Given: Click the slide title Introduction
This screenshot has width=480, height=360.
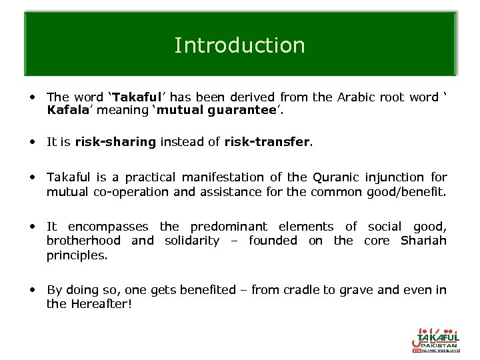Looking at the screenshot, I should pyautogui.click(x=239, y=45).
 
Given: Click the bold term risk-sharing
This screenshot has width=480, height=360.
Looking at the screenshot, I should pyautogui.click(x=115, y=142).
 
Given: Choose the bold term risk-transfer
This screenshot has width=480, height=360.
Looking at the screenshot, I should pyautogui.click(x=267, y=142).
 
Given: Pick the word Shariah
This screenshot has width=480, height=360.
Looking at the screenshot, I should pyautogui.click(x=423, y=241).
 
